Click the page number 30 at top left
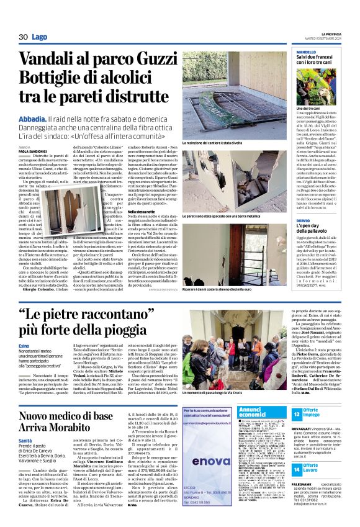pyautogui.click(x=24, y=37)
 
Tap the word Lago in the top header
pyautogui.click(x=40, y=38)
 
